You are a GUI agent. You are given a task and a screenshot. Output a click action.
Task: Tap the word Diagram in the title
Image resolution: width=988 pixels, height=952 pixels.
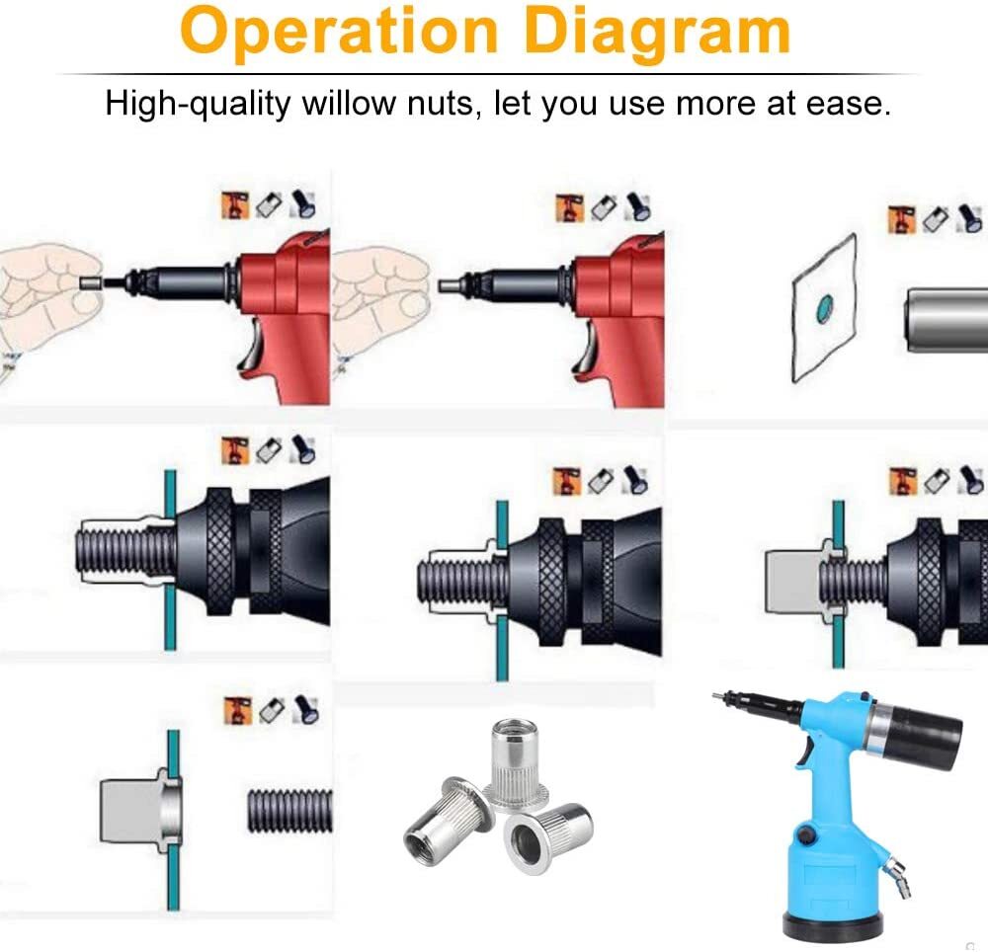tap(657, 32)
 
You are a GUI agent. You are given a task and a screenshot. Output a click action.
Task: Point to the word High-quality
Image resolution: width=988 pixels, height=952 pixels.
tap(198, 104)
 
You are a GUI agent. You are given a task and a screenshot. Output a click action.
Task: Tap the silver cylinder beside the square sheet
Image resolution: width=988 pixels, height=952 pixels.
tap(946, 320)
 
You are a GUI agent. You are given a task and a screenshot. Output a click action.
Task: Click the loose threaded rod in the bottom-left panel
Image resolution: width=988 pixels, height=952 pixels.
tap(289, 811)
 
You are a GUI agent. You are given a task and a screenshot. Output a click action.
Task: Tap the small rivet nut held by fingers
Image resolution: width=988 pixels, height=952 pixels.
tap(91, 282)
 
